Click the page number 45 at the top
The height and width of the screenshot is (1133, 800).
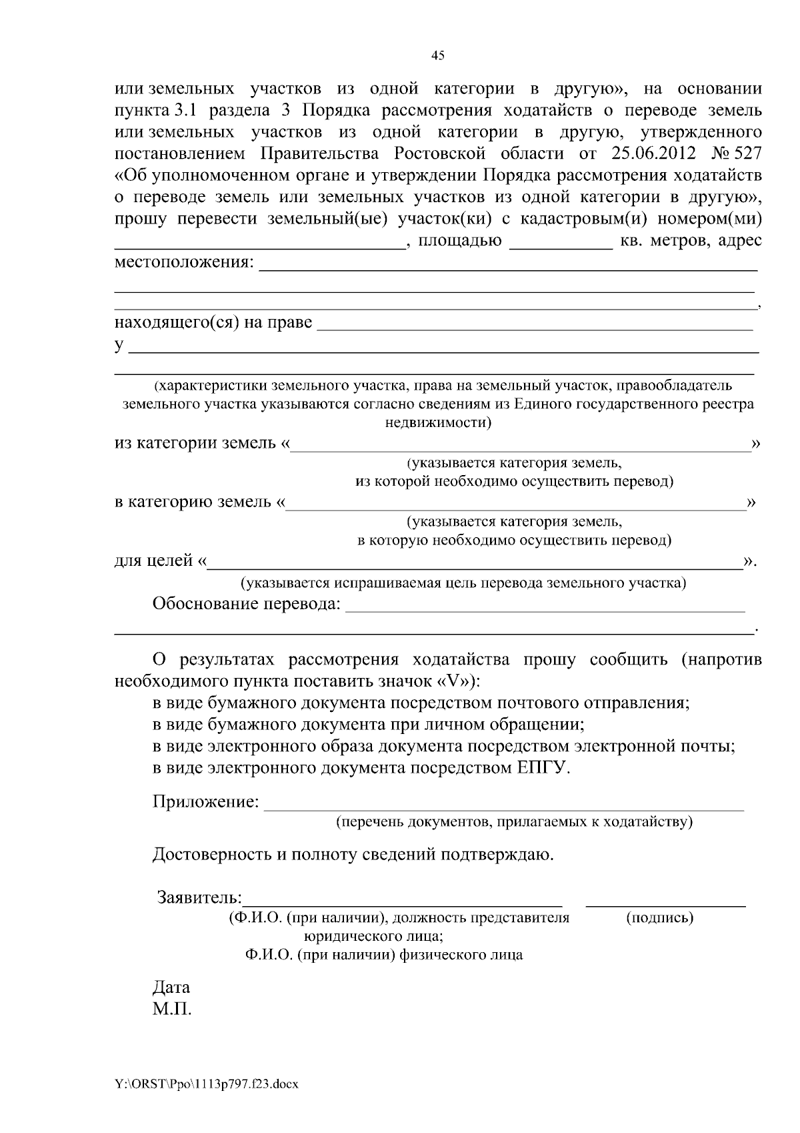point(438,56)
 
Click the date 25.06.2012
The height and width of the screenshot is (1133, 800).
point(653,153)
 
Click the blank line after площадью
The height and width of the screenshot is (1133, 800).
point(560,247)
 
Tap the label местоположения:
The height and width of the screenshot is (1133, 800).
point(184,262)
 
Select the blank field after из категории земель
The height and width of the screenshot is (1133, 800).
point(520,448)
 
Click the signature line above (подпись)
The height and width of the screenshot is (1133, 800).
point(665,905)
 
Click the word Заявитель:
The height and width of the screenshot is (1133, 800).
point(199,897)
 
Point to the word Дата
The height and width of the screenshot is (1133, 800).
point(171,987)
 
